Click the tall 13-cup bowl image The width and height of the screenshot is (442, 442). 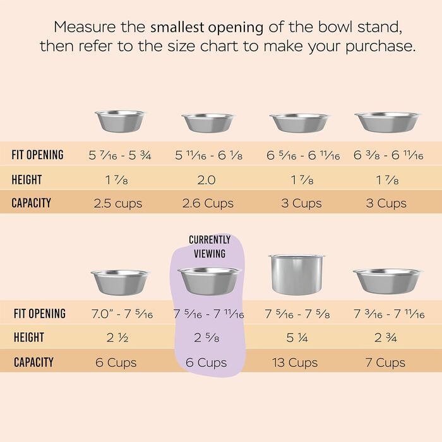click(x=296, y=274)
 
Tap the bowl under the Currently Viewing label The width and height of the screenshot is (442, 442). click(x=208, y=280)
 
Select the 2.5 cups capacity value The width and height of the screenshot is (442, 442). click(x=118, y=203)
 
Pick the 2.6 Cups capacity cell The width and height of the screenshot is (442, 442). click(x=208, y=203)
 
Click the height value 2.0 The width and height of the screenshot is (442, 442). click(x=206, y=179)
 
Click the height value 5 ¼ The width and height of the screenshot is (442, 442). click(x=296, y=338)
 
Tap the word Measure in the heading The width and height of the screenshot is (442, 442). click(x=80, y=27)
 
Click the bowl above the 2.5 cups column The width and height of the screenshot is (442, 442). click(x=119, y=121)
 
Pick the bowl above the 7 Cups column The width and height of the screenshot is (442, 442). click(x=387, y=280)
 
